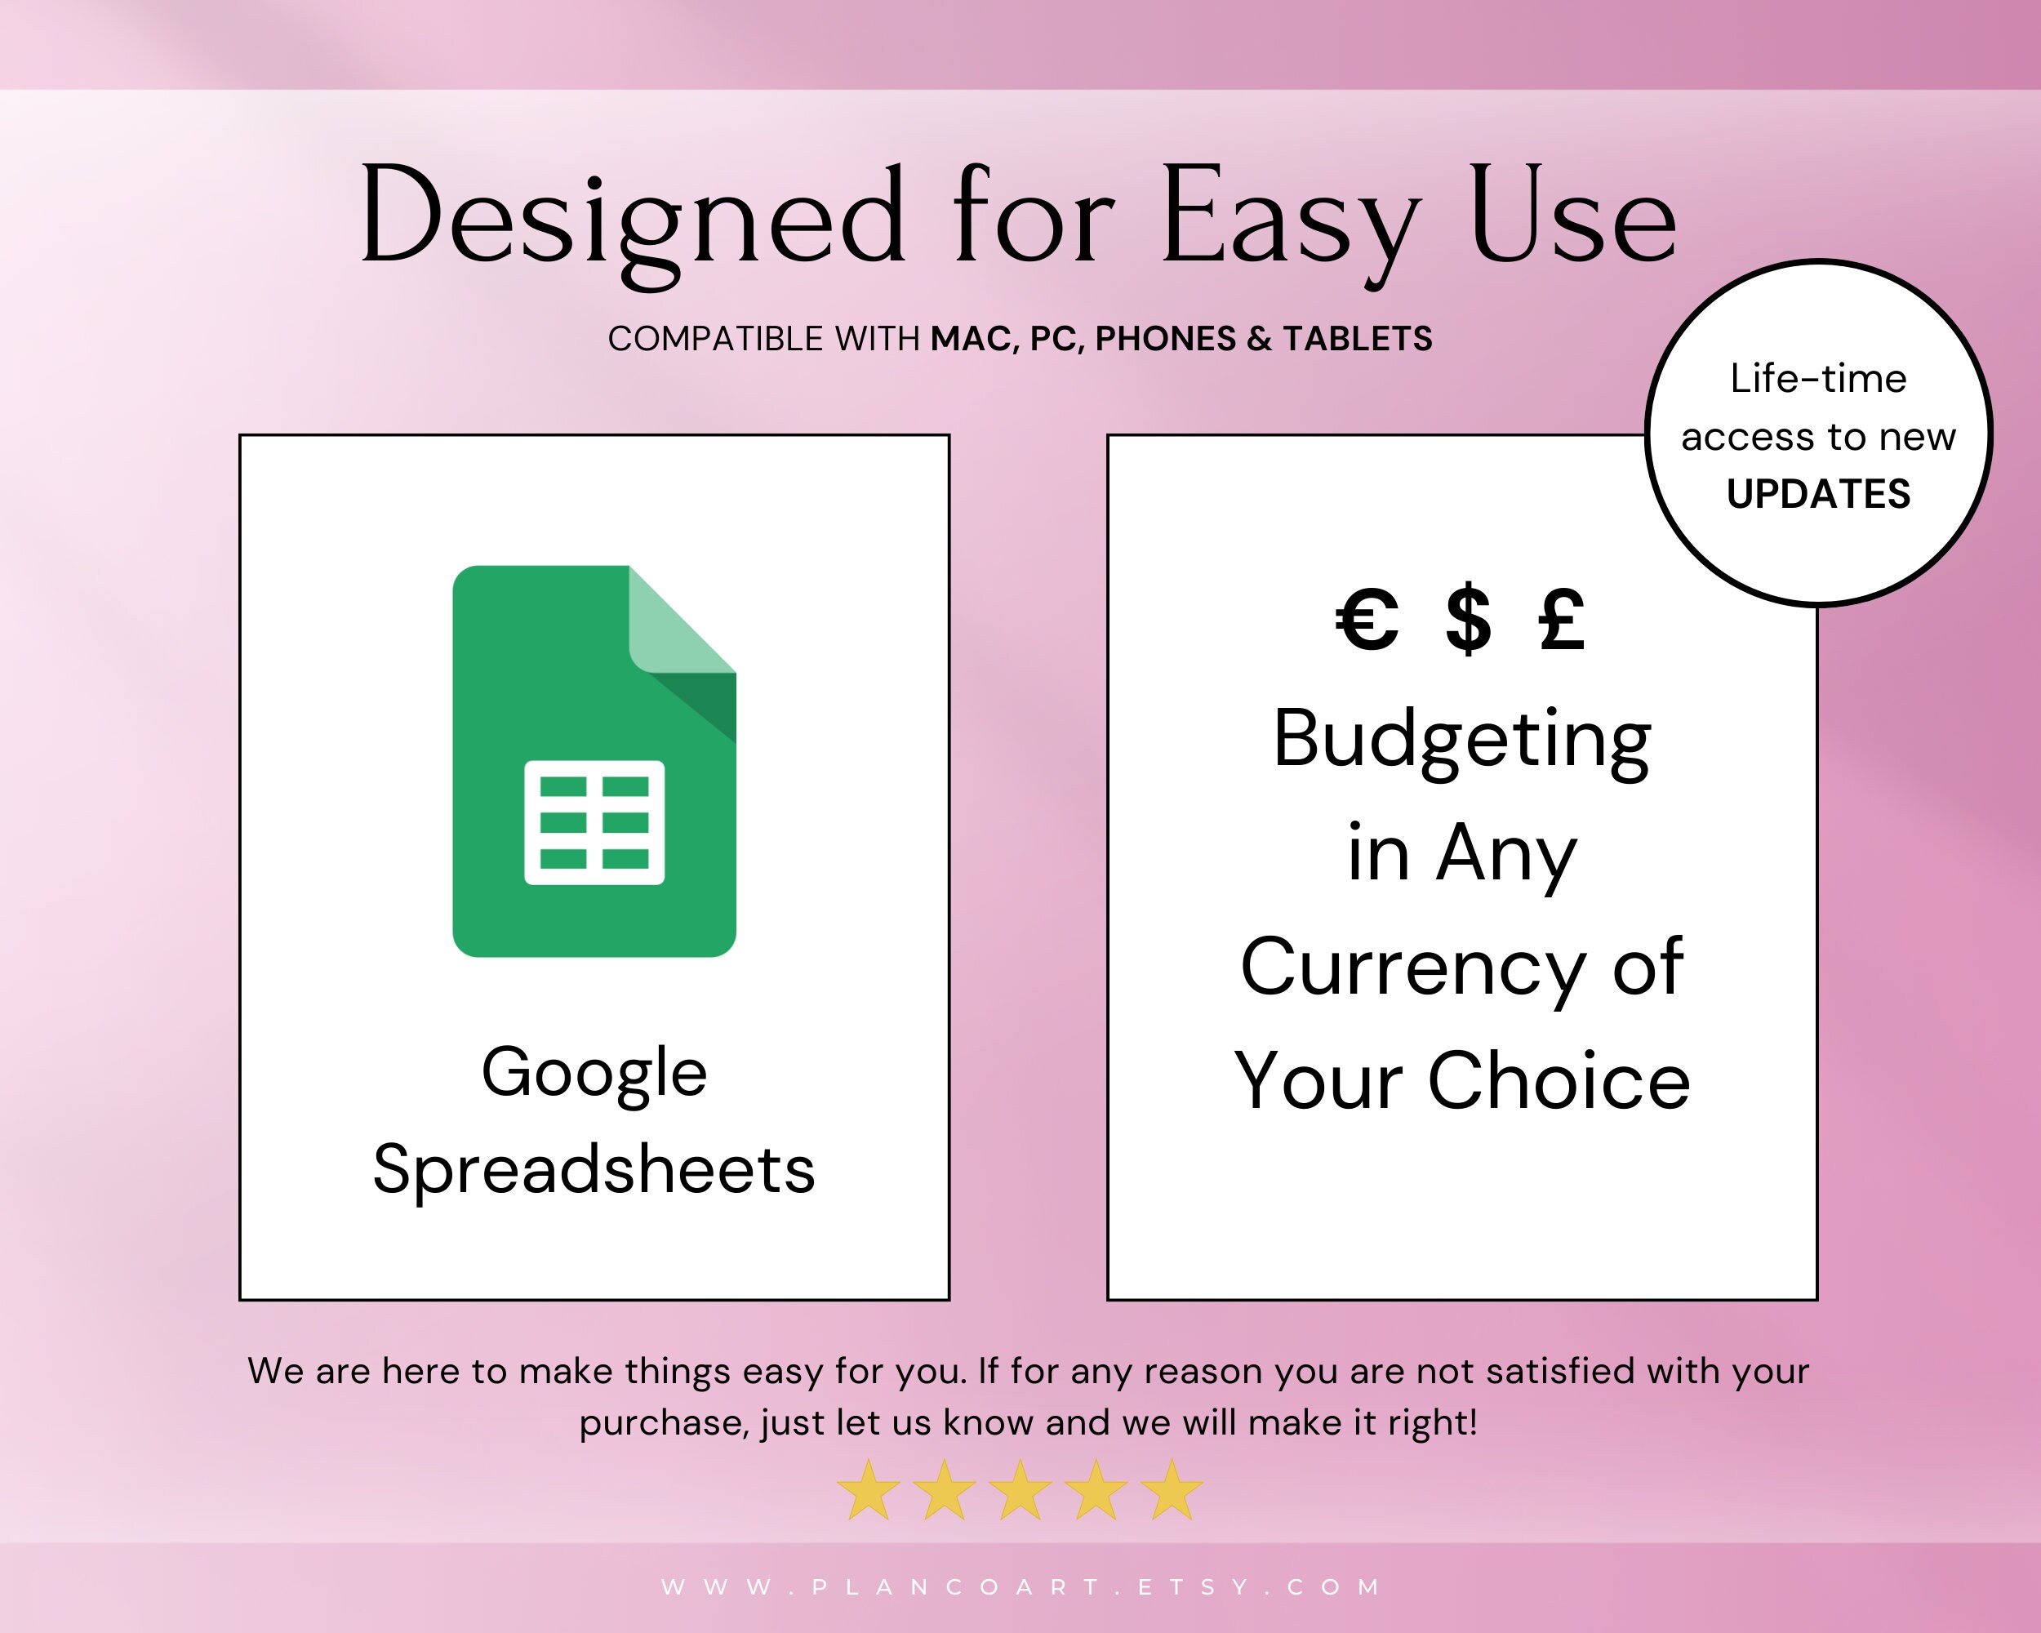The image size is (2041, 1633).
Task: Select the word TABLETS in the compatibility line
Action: tap(1358, 339)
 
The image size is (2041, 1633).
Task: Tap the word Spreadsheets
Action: tap(594, 1169)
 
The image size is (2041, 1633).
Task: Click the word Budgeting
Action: tap(1461, 741)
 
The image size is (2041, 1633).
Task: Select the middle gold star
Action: tap(1020, 1490)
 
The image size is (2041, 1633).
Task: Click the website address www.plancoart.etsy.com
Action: tap(1020, 1586)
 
